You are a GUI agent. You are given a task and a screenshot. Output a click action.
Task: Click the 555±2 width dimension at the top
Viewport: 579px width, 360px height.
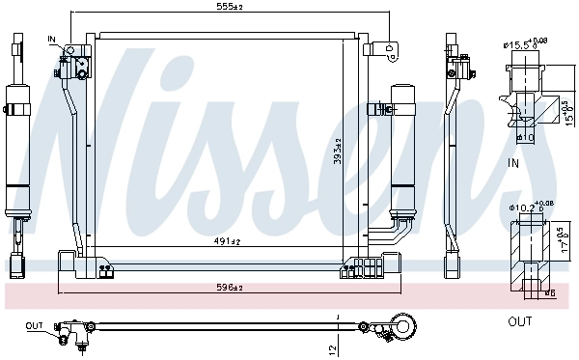pos(229,7)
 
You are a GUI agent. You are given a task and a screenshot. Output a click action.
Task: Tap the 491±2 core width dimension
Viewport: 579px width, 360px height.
pos(229,242)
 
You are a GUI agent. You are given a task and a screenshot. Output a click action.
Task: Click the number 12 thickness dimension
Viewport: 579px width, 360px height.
pos(331,346)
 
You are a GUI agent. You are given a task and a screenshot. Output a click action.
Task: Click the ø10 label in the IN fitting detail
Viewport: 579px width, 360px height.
pos(526,137)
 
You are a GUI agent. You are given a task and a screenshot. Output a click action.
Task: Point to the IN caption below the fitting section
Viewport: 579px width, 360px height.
pos(514,164)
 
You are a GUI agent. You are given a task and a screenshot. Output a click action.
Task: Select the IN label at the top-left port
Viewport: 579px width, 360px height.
pos(53,40)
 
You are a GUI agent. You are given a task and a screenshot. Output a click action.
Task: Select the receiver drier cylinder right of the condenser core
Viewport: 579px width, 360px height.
pos(401,145)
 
